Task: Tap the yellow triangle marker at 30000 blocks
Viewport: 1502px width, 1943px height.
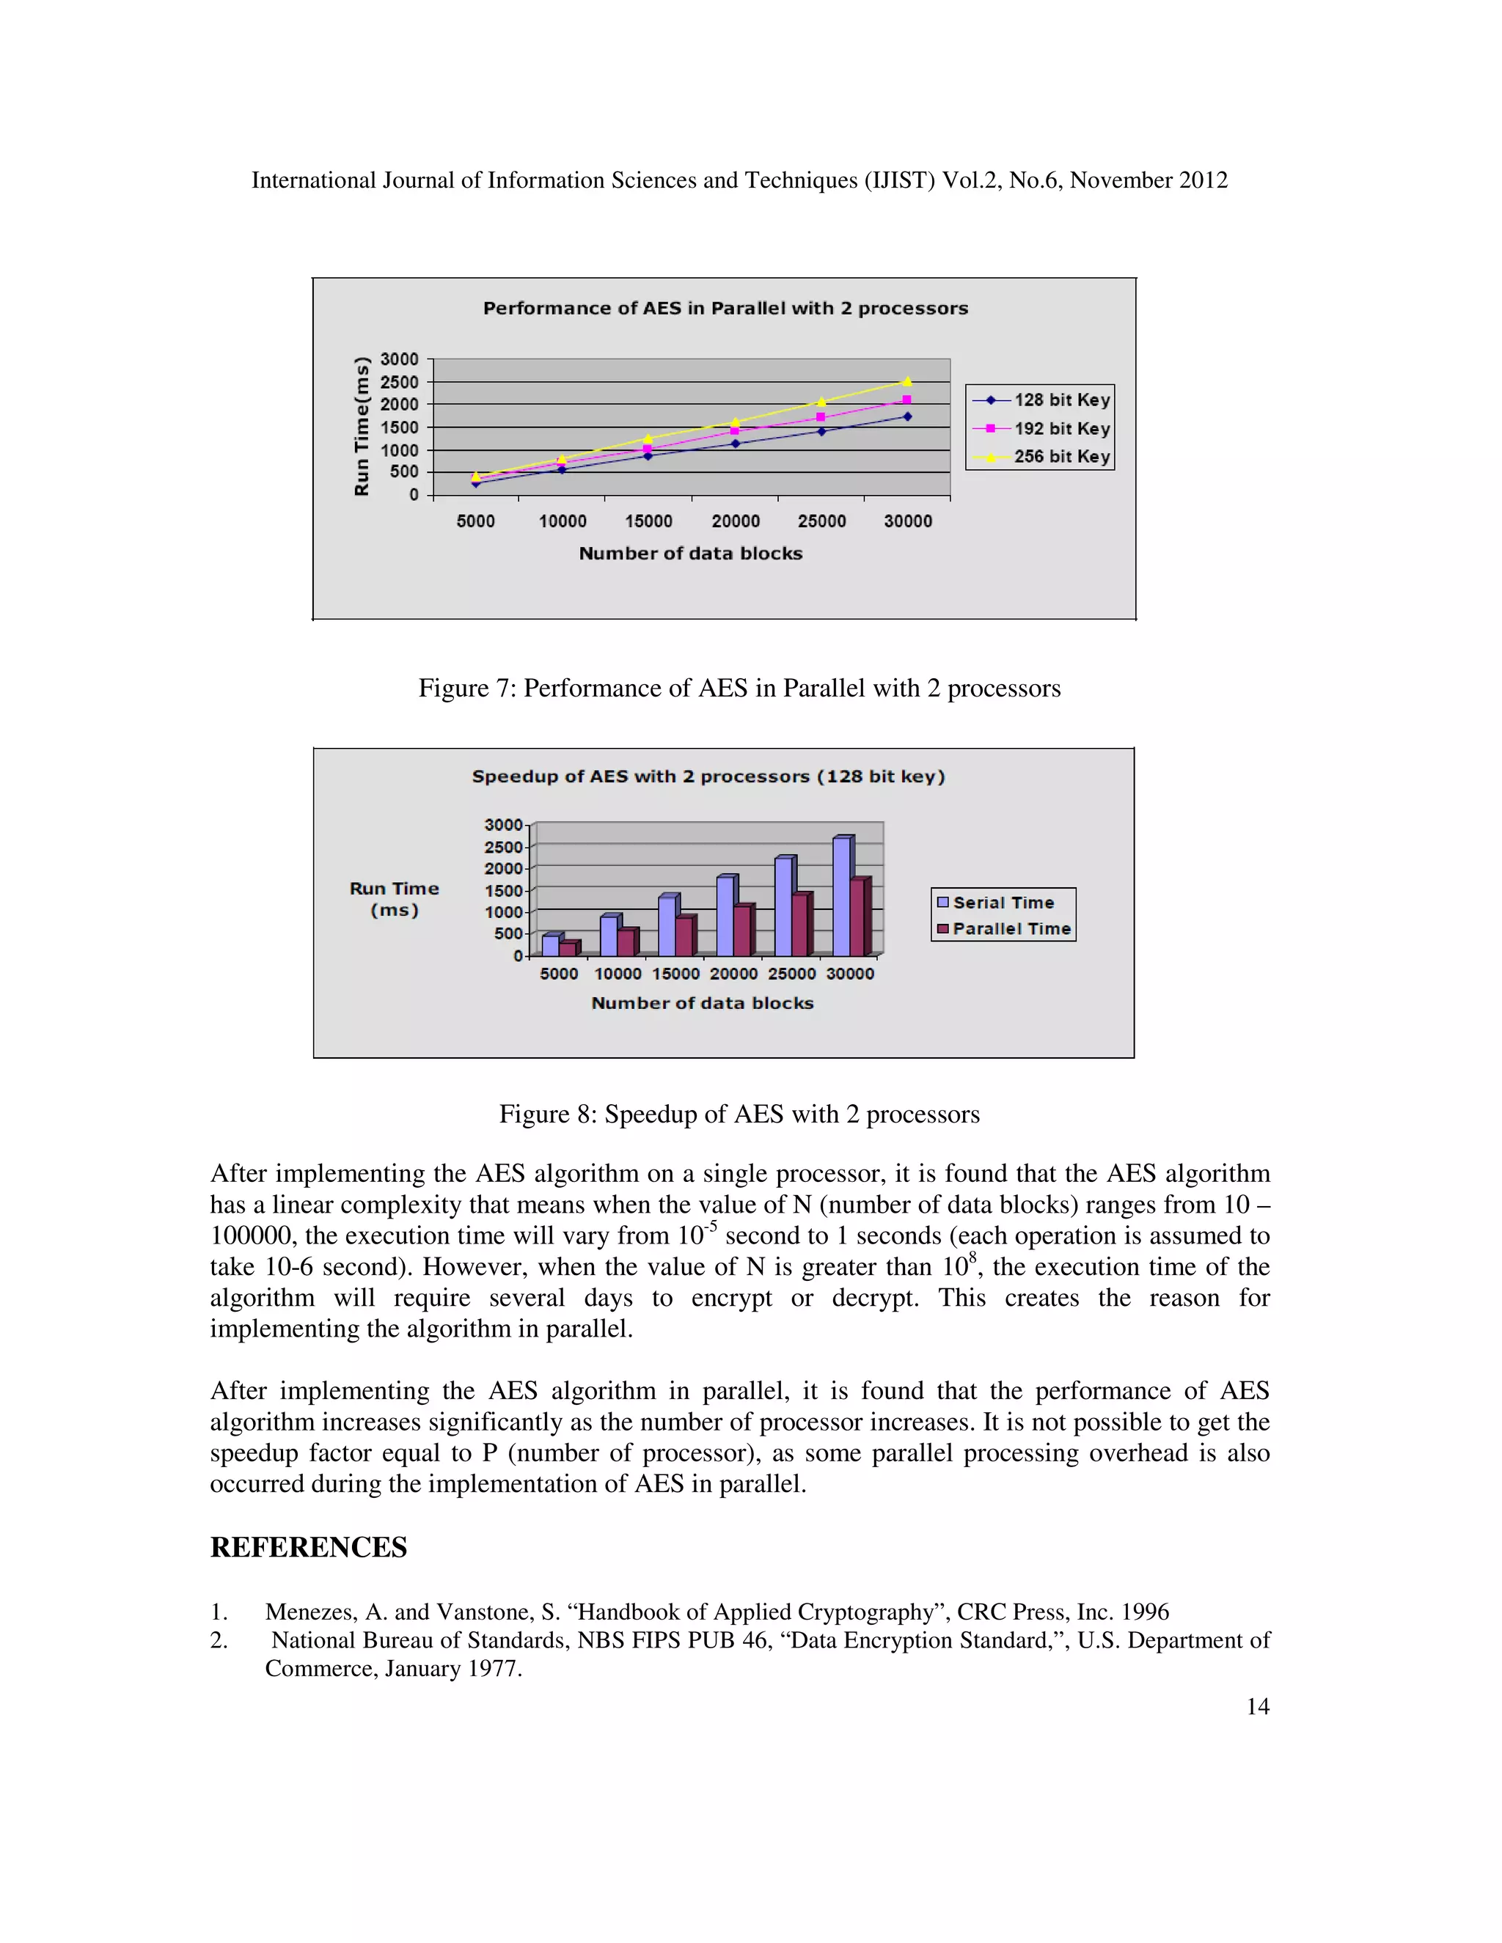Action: click(906, 383)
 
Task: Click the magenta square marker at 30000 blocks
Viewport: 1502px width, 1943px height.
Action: click(906, 400)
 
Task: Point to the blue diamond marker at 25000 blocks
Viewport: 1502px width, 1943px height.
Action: click(821, 431)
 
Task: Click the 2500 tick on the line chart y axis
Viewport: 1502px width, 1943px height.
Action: click(400, 382)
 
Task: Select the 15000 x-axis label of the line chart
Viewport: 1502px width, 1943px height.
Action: click(648, 521)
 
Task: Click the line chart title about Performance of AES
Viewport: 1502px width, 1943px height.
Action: click(725, 309)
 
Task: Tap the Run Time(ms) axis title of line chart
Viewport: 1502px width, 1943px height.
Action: click(362, 426)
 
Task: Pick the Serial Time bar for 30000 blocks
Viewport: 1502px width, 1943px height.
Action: click(841, 896)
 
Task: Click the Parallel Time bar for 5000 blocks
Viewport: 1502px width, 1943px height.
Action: click(567, 948)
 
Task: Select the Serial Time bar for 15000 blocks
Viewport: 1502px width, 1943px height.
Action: click(667, 926)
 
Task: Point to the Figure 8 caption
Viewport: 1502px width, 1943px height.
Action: click(739, 1114)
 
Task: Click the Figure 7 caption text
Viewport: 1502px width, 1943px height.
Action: click(739, 688)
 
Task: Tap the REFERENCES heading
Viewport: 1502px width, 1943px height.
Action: click(308, 1547)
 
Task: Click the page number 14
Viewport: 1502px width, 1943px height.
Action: click(1257, 1706)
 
